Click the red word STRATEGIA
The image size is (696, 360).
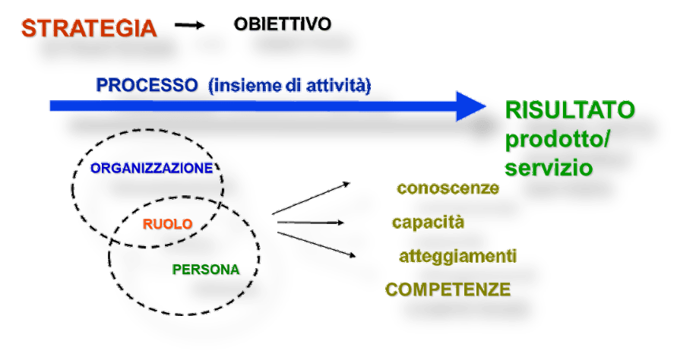point(89,29)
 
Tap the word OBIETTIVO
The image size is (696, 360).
point(283,24)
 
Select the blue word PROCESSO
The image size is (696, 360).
point(147,85)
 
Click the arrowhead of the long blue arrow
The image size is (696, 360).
point(472,106)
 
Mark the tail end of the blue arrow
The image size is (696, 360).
point(52,106)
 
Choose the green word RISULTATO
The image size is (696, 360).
point(571,111)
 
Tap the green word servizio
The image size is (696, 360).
point(549,168)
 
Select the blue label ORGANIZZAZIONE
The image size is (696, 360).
point(152,169)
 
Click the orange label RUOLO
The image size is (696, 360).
point(167,224)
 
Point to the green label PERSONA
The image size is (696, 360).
point(207,270)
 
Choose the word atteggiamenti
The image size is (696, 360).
point(457,257)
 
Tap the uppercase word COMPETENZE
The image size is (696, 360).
point(449,290)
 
